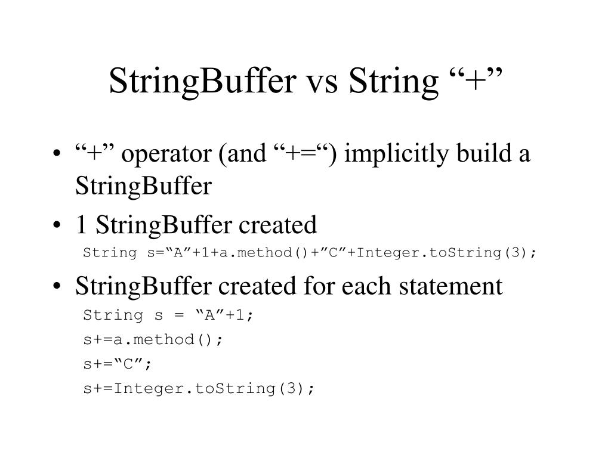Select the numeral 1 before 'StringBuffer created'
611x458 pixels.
click(81, 225)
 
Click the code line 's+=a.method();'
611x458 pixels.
click(153, 339)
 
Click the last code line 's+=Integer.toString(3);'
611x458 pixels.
click(199, 388)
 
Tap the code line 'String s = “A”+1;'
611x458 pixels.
click(169, 315)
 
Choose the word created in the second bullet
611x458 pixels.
click(278, 225)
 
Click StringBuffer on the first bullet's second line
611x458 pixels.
click(143, 187)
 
